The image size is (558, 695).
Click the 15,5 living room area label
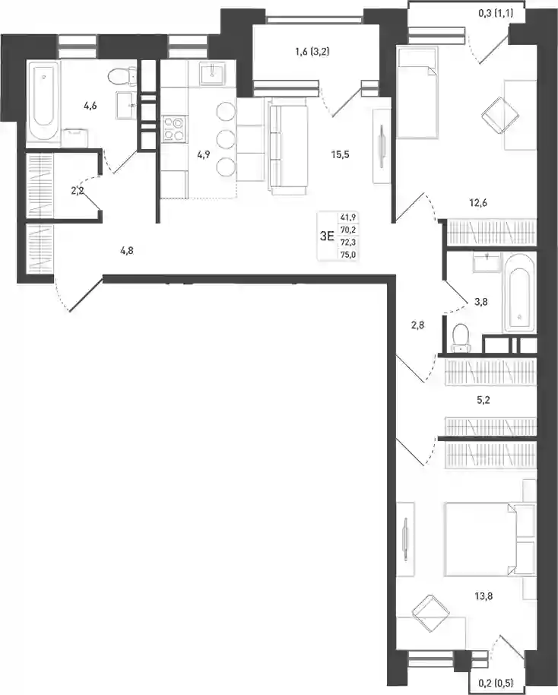click(x=341, y=154)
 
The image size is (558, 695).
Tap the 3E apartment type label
click(x=327, y=236)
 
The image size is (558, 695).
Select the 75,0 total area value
click(x=348, y=255)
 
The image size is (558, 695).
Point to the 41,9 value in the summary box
click(x=348, y=217)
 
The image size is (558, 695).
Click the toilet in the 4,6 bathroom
click(x=122, y=76)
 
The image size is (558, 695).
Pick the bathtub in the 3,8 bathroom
click(x=518, y=294)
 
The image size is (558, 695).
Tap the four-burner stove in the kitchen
click(x=174, y=128)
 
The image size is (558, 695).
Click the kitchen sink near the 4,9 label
click(x=214, y=73)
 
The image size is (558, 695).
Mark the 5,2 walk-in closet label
click(x=483, y=400)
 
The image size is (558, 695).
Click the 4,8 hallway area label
click(x=126, y=251)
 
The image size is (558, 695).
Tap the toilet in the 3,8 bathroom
click(x=461, y=338)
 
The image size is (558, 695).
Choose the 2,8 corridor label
click(x=417, y=325)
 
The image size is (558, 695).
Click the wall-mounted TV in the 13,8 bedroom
click(x=405, y=539)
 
